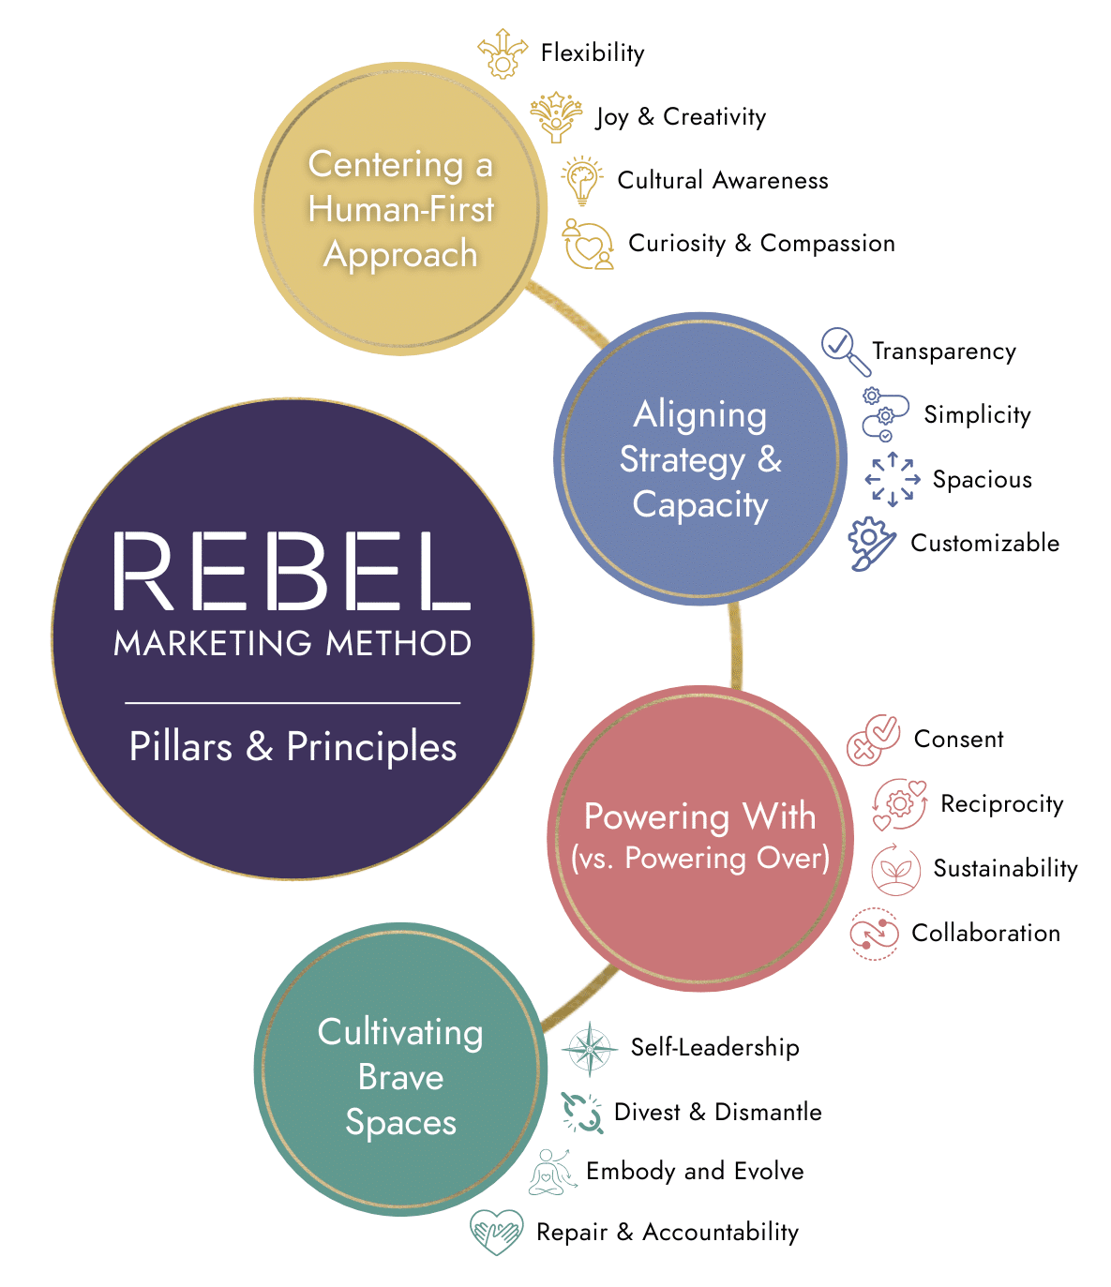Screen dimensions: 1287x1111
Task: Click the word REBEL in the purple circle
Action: [x=292, y=572]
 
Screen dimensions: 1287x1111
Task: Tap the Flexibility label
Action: [x=593, y=52]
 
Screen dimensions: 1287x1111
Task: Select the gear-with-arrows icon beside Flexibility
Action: [x=503, y=52]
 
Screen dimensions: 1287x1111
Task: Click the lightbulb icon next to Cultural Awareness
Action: [x=582, y=180]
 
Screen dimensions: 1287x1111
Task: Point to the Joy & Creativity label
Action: [x=681, y=117]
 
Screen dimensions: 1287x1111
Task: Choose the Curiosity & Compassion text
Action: [x=761, y=244]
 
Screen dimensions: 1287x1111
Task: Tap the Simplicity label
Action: [x=977, y=414]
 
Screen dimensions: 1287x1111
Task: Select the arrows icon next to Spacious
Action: [x=892, y=479]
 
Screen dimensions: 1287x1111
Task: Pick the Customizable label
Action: [x=984, y=543]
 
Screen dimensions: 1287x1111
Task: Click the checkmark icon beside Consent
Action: [x=873, y=740]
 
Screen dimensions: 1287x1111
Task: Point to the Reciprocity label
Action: [x=1001, y=804]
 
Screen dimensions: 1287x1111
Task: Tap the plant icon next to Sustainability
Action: [x=895, y=869]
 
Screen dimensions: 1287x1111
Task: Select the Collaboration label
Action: [x=985, y=934]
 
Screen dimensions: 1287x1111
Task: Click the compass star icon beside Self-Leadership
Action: [x=589, y=1048]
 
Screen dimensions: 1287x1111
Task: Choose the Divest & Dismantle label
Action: [x=717, y=1113]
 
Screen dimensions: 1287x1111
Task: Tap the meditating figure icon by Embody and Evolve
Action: [x=552, y=1172]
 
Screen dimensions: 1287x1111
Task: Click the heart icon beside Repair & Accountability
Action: [x=496, y=1232]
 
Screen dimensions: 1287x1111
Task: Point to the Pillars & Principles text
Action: [x=293, y=747]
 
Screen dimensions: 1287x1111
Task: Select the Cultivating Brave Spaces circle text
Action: [x=400, y=1077]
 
